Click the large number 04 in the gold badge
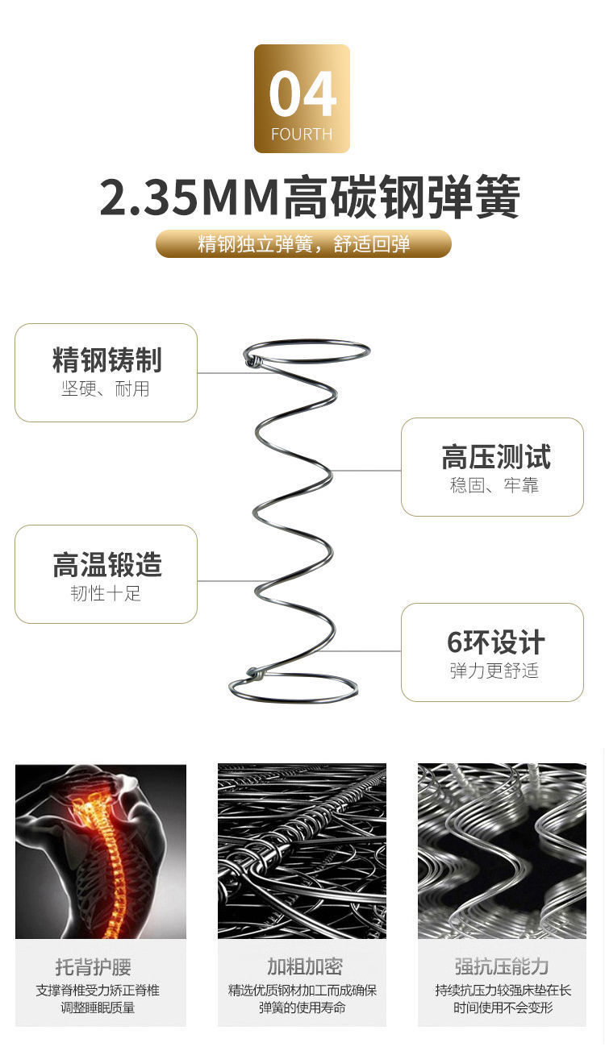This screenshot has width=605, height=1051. (302, 95)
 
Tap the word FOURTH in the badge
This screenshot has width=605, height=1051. (302, 135)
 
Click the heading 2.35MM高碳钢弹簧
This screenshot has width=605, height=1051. (310, 198)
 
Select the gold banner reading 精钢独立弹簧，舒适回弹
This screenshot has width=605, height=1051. (303, 243)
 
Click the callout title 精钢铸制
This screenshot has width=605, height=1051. (106, 360)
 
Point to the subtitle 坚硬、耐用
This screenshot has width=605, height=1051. (106, 389)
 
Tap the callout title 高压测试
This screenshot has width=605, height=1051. (495, 457)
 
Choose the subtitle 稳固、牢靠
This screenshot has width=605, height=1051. (494, 485)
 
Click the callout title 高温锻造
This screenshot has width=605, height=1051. (106, 565)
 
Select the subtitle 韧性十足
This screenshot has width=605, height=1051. (106, 594)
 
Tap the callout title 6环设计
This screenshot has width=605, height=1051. (495, 642)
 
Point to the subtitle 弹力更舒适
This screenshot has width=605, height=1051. (494, 671)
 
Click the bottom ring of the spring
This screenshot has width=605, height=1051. (294, 690)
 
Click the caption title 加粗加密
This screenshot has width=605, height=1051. (304, 966)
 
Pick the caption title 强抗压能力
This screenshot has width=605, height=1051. (501, 966)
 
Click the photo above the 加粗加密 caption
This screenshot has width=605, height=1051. (302, 850)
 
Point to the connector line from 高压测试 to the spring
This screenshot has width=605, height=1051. (367, 470)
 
